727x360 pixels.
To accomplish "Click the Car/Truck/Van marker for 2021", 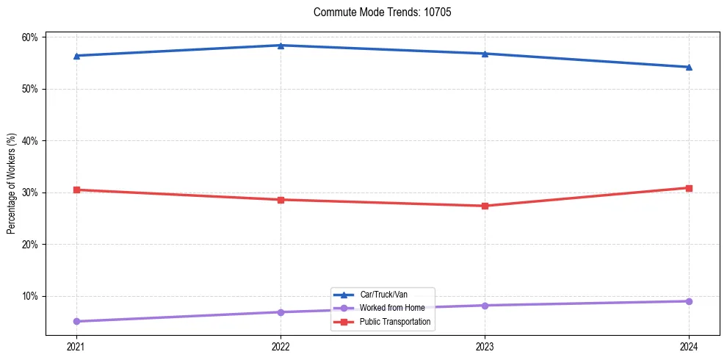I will pos(76,56).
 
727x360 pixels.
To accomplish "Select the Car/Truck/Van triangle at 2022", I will pos(281,46).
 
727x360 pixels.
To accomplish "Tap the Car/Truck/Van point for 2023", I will pos(485,54).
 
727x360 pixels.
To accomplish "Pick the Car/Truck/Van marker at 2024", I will pos(689,67).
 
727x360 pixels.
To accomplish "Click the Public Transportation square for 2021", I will pos(76,190).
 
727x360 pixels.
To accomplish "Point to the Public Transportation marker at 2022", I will pos(281,200).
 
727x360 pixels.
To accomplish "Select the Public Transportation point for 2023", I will pos(485,206).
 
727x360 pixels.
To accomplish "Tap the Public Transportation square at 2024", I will pos(689,188).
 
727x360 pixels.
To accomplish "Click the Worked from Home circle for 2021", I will pos(76,321).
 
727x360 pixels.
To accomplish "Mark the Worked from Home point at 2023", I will pos(485,306).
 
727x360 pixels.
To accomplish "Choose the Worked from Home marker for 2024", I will pos(689,301).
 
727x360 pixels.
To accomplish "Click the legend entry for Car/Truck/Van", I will pos(388,295).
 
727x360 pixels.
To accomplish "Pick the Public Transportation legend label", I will pos(399,322).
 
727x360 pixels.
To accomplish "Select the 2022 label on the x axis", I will pos(281,346).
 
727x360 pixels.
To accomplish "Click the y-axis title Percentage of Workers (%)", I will pos(12,184).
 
